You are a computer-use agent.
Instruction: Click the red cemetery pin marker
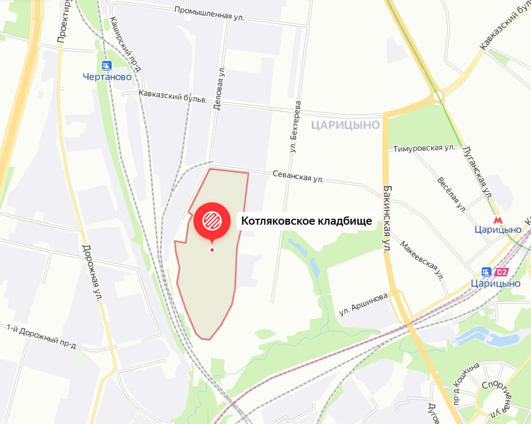coord(212,220)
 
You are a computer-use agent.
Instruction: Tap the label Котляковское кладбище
coord(307,221)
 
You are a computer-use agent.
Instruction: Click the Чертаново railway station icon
coord(106,66)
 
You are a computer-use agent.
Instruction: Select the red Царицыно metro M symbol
coord(497,219)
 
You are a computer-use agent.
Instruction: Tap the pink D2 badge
coord(502,272)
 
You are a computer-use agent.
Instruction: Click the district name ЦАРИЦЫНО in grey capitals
coord(346,125)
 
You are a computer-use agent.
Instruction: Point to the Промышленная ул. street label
coord(210,13)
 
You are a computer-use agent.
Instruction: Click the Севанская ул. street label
coord(298,176)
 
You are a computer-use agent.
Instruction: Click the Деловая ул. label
coord(218,89)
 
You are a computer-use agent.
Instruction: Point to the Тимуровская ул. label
coord(425,148)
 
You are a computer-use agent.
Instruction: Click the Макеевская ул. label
coord(421,260)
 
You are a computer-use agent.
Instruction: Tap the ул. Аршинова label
coord(363,305)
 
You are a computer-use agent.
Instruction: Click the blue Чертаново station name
coord(107,77)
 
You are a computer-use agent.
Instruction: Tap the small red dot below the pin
coord(212,249)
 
